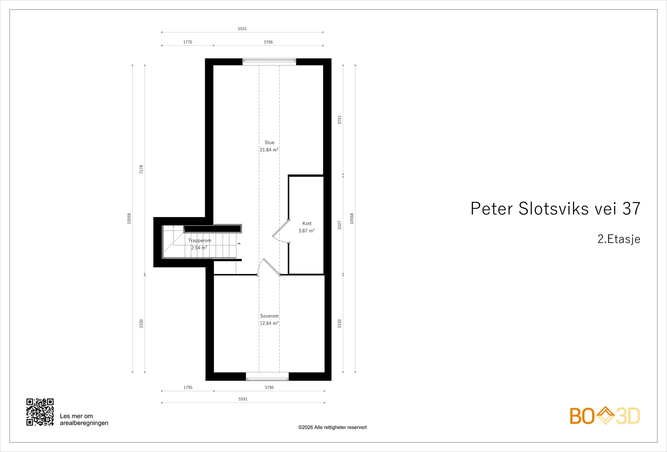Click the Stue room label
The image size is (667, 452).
click(x=269, y=142)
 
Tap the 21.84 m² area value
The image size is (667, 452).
click(x=269, y=150)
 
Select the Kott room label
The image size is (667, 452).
click(x=307, y=223)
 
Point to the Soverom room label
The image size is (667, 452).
click(x=269, y=316)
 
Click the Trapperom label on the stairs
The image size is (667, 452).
click(x=200, y=240)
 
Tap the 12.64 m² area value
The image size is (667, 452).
click(x=269, y=323)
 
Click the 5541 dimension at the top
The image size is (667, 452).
click(x=242, y=29)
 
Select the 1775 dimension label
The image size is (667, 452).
click(x=188, y=42)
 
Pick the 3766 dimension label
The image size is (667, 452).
click(x=268, y=42)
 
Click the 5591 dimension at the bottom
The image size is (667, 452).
click(x=243, y=399)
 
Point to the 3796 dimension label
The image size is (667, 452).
click(x=269, y=387)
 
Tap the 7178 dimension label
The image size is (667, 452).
click(x=141, y=169)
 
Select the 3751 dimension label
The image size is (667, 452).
click(x=339, y=120)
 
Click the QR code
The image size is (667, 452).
click(x=40, y=412)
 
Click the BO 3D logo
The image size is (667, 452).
click(x=605, y=416)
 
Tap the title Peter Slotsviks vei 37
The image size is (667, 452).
click(x=555, y=208)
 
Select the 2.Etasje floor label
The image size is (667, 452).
click(x=619, y=239)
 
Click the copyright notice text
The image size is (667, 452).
click(x=332, y=427)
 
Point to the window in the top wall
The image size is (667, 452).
click(x=269, y=62)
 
